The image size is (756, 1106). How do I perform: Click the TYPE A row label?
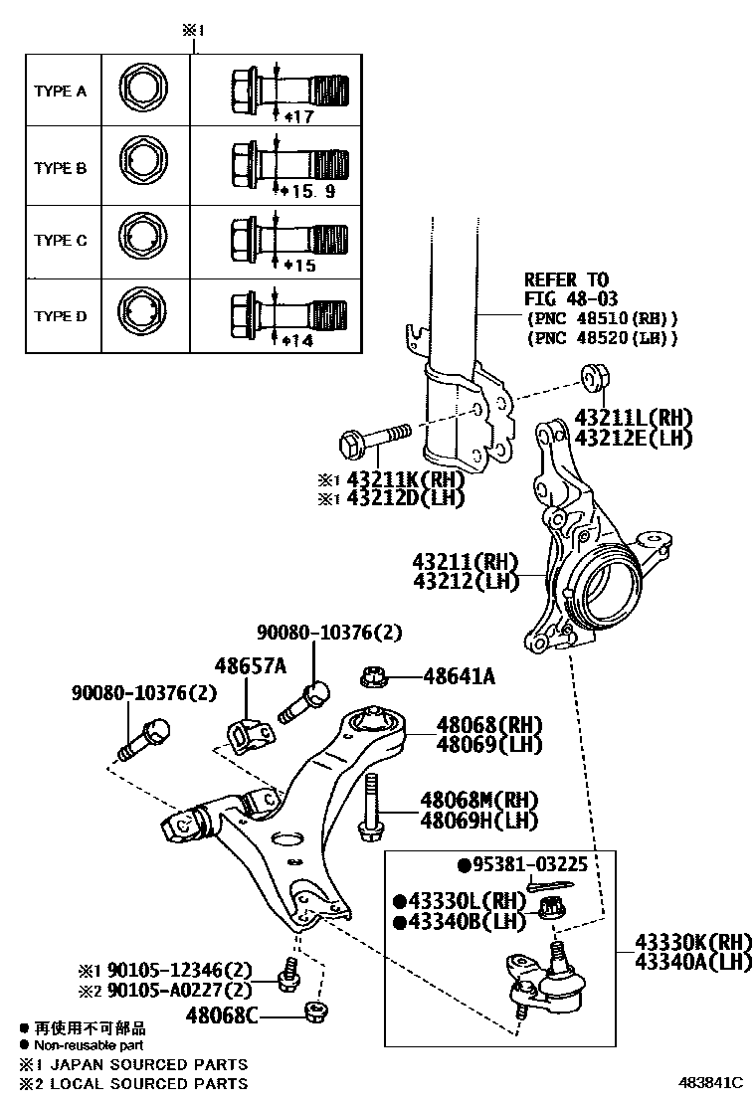61,92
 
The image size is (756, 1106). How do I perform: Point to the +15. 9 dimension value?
313,189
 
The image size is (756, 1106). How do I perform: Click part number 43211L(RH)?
633,418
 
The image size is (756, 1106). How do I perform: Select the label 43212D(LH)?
405,497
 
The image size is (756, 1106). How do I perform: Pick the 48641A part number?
459,677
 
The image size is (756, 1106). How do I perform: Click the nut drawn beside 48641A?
375,677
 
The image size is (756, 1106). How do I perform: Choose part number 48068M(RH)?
478,800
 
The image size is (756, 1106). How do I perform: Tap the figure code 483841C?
711,1082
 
